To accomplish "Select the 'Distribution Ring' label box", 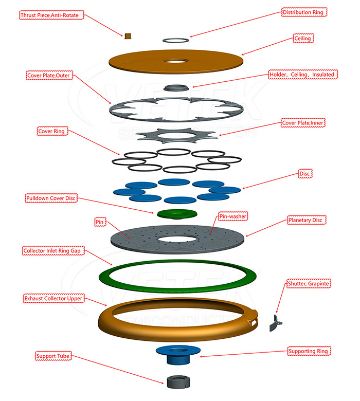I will [x=303, y=12].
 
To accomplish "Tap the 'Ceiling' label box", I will [x=303, y=39].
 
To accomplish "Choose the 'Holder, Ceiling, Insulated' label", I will [x=303, y=75].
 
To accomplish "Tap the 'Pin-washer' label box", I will [x=233, y=216].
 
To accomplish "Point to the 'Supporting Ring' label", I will [x=309, y=351].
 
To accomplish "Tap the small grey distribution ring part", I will [x=176, y=40].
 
